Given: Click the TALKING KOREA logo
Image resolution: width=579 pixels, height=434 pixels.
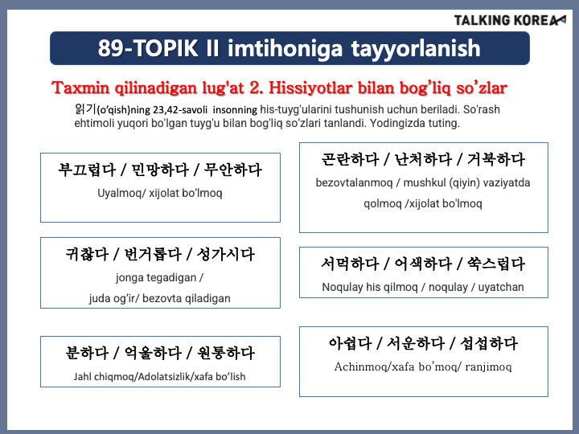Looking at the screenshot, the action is click(x=510, y=20).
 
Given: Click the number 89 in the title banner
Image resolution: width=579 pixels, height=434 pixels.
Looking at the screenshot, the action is click(x=111, y=48).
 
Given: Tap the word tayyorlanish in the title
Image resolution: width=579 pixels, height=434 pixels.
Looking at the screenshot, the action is click(x=416, y=49).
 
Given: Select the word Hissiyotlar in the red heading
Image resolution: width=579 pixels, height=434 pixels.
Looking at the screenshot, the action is click(x=310, y=88).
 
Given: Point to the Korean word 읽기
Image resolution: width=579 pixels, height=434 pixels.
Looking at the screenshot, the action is click(x=85, y=109).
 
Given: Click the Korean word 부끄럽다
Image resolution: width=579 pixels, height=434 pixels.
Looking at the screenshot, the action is click(x=87, y=170).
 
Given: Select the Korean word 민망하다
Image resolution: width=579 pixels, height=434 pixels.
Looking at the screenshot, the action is click(x=160, y=170).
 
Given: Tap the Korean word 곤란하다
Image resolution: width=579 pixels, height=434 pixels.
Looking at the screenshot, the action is click(x=350, y=159).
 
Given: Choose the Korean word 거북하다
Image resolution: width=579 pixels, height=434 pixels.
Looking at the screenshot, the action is click(x=496, y=159).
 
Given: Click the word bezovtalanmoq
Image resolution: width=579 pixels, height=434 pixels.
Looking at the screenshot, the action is click(x=354, y=182).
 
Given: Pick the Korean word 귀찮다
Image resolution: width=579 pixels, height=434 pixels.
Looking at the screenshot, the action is click(x=87, y=254).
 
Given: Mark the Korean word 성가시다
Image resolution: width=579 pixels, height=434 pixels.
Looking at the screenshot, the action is click(x=226, y=254).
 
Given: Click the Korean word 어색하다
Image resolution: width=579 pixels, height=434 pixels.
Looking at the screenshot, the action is click(x=423, y=264).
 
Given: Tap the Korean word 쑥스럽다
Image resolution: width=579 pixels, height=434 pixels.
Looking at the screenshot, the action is click(x=496, y=264).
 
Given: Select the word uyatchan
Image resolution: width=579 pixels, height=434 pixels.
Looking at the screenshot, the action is click(x=501, y=287).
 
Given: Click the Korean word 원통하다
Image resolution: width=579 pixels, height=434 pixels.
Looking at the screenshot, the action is click(x=226, y=353).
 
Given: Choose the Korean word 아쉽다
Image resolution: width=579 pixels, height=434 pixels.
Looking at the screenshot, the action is click(x=350, y=344).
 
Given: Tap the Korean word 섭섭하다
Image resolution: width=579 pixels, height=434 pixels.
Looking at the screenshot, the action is click(x=489, y=344).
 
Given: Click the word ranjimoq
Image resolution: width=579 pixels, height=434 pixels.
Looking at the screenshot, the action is click(x=489, y=366).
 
